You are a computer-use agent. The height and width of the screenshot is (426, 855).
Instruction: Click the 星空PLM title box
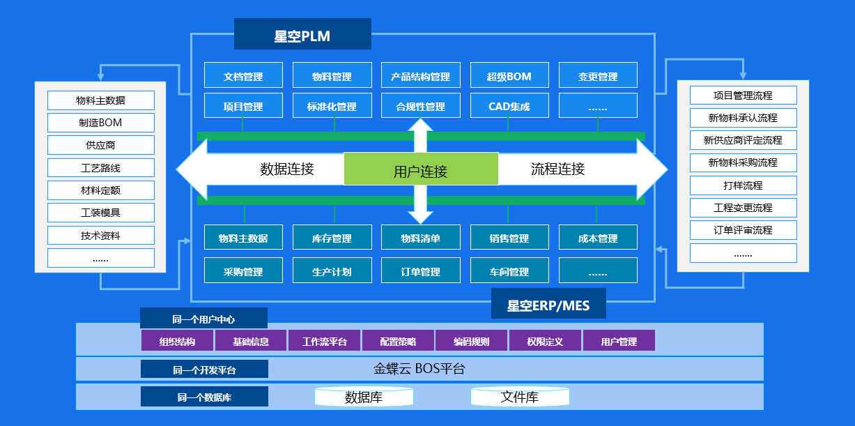(302, 34)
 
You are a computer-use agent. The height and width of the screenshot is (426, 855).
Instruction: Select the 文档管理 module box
(243, 75)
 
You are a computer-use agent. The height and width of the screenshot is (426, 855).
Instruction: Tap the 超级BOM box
(509, 75)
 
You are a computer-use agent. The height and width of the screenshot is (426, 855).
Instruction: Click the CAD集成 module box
(509, 105)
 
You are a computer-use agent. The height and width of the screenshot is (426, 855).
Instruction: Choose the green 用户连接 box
(421, 169)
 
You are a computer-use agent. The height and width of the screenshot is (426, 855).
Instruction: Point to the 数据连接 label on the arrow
(287, 169)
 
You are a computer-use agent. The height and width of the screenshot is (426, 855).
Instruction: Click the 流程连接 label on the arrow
(557, 169)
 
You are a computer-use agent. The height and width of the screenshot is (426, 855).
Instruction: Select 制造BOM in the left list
(101, 123)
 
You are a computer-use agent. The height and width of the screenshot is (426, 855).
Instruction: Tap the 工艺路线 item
(101, 167)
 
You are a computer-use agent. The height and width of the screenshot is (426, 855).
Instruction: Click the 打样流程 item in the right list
(743, 185)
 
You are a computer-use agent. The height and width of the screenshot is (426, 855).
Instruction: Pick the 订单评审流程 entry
(743, 230)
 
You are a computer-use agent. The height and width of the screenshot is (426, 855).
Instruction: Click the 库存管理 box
(332, 238)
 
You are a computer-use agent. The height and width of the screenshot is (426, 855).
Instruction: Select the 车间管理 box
(509, 271)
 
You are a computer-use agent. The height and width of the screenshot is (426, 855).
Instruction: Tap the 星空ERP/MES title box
(548, 304)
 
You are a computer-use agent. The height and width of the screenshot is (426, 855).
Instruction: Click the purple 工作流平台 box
(325, 341)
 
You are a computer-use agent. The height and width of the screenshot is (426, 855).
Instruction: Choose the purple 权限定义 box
(545, 341)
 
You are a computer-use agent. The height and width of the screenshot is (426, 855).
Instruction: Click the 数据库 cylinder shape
(364, 397)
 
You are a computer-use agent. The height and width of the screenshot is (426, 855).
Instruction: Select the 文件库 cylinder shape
(520, 397)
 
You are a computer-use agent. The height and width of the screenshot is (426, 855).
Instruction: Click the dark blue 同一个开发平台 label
(204, 370)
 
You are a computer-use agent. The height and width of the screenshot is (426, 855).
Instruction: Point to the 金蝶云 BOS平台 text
(419, 369)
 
